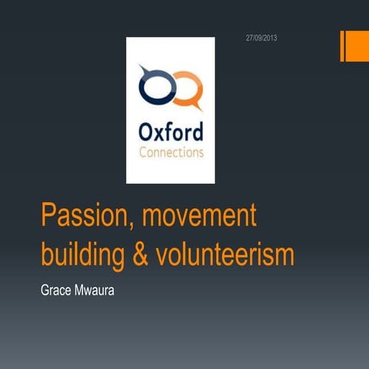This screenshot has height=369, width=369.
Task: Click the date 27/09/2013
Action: [262, 38]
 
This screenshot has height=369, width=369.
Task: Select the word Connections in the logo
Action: [171, 151]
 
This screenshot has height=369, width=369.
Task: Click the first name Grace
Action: [58, 293]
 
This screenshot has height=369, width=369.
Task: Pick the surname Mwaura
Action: [105, 293]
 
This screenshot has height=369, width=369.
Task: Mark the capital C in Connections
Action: [144, 151]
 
